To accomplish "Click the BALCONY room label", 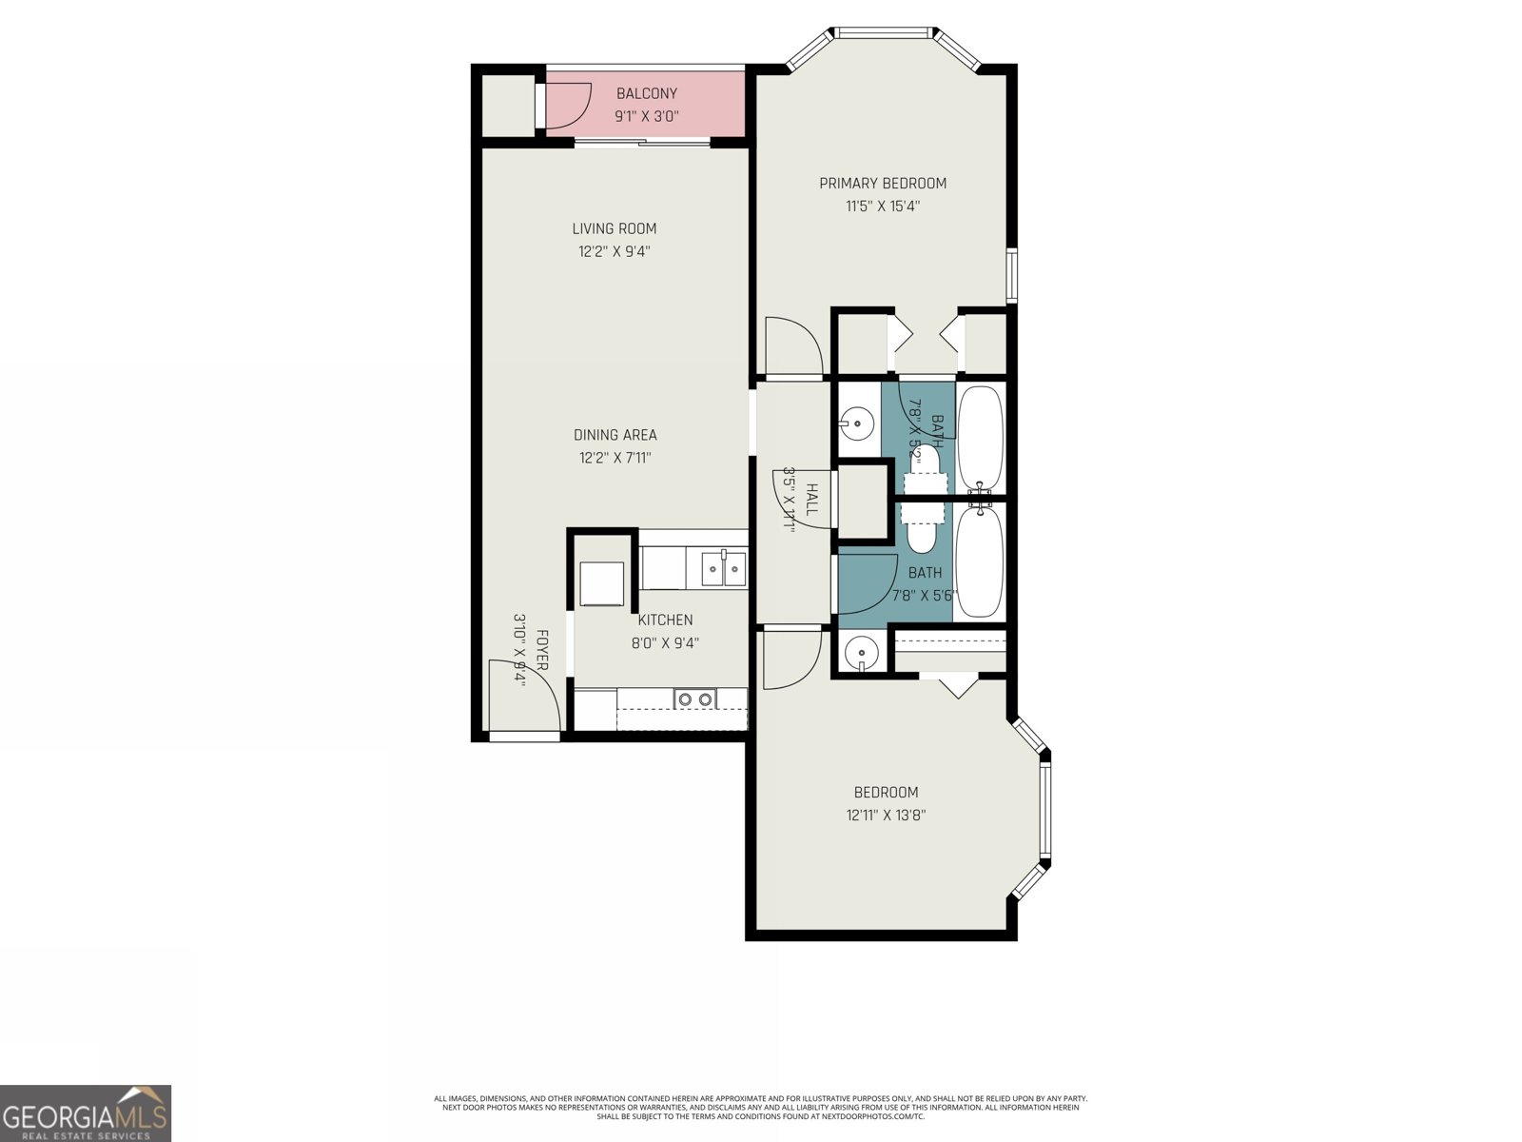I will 647,93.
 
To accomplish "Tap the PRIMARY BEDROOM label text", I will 883,183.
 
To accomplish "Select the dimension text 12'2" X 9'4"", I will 615,252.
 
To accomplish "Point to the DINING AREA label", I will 615,435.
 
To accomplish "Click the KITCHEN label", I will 665,620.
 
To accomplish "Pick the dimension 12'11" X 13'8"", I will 886,816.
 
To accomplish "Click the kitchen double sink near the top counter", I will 724,569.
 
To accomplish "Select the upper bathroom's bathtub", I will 980,440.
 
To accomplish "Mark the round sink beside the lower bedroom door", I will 862,654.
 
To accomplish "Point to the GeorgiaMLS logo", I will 86,1112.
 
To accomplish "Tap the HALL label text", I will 811,500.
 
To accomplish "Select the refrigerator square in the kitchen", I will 602,583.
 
